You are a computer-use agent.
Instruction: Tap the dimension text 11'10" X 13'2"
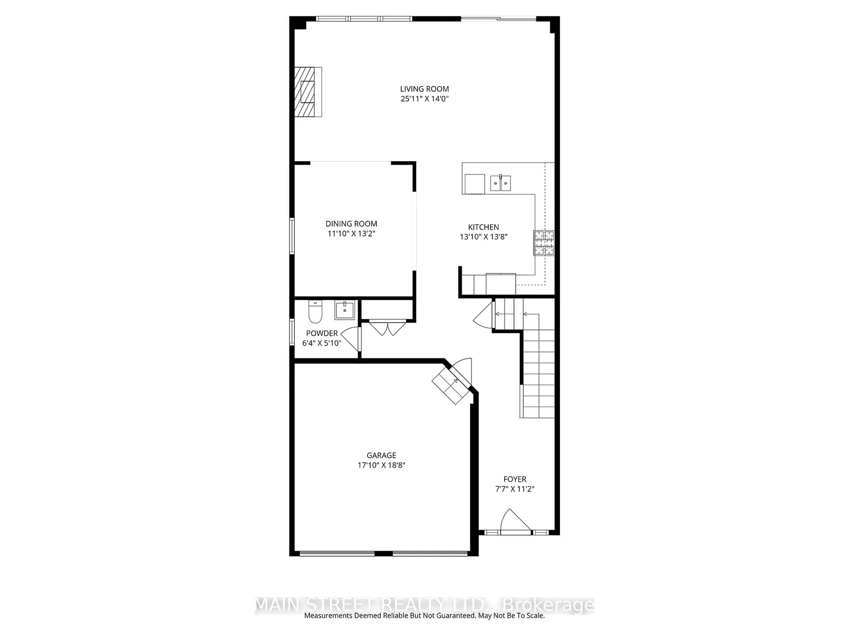tap(351, 233)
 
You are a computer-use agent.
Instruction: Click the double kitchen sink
tap(501, 183)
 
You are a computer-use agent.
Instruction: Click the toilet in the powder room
tap(315, 312)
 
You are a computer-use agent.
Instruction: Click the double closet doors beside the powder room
tap(387, 328)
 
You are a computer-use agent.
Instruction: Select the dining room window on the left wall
tap(292, 236)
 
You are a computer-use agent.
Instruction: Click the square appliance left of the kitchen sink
tap(475, 184)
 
